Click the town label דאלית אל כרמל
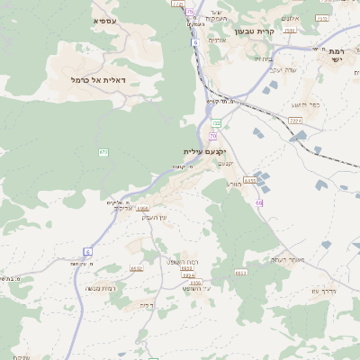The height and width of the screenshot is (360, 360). click(103, 80)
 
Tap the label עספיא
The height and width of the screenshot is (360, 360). click(105, 20)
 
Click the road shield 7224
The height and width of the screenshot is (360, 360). click(295, 119)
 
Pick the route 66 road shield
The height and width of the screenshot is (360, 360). click(259, 203)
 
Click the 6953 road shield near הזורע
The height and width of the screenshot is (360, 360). click(250, 180)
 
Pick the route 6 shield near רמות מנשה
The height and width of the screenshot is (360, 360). click(88, 250)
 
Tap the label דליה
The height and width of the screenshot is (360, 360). click(147, 304)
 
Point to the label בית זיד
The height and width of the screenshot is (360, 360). click(262, 58)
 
